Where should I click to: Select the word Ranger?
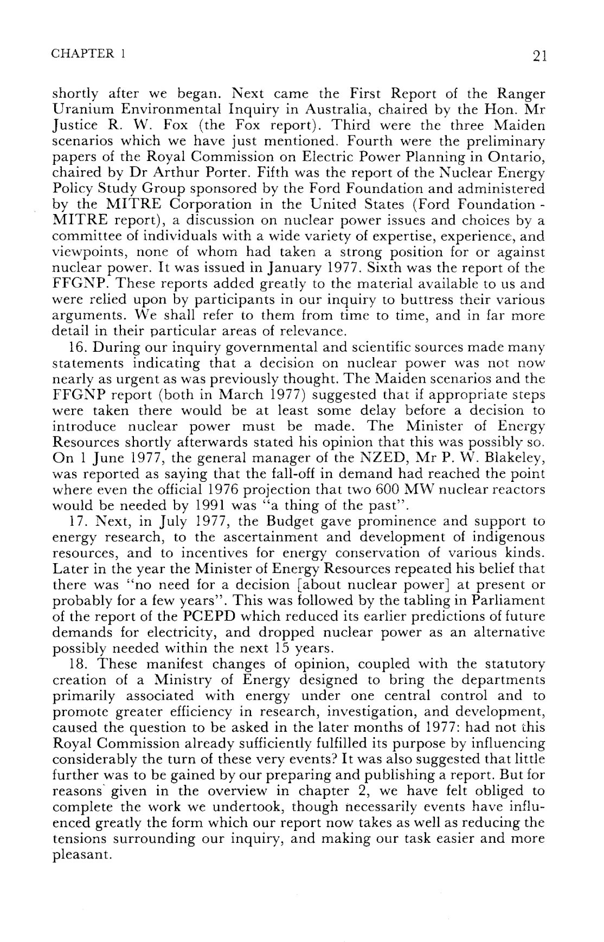518,93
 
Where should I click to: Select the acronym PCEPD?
207,618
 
